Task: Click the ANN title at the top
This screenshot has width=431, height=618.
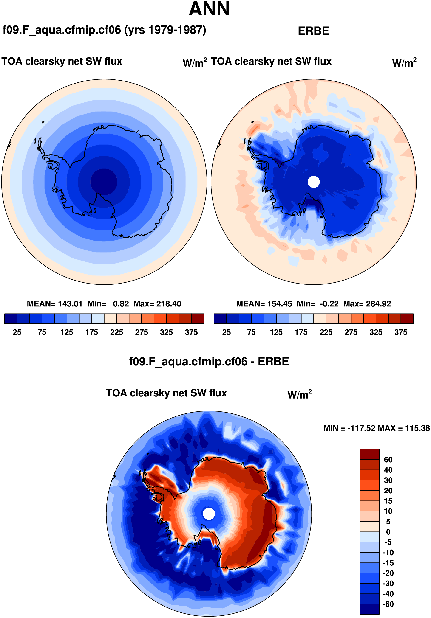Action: click(x=209, y=9)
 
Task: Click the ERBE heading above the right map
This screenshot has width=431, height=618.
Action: click(x=313, y=31)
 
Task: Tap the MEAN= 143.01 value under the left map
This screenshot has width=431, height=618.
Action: click(x=54, y=304)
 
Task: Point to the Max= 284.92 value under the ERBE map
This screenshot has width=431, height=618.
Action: click(x=367, y=304)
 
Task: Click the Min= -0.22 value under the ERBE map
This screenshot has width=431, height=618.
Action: click(x=318, y=304)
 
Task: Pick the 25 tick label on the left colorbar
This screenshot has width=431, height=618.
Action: click(x=17, y=332)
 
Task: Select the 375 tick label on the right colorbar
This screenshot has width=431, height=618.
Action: click(x=401, y=332)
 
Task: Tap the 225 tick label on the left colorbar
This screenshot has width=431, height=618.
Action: click(x=116, y=332)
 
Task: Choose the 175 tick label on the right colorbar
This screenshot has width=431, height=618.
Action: click(x=301, y=332)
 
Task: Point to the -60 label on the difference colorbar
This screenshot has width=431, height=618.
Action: click(x=388, y=604)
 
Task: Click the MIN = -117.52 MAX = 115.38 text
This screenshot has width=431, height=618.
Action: click(x=377, y=428)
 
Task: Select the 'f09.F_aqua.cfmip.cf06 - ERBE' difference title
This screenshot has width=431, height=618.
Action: click(x=209, y=362)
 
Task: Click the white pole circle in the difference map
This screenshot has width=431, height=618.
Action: click(x=209, y=514)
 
